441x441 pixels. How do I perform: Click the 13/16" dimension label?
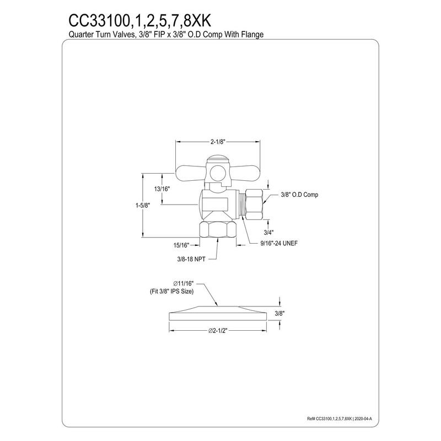[x=162, y=189]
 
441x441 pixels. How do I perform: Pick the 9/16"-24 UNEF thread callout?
[x=279, y=244]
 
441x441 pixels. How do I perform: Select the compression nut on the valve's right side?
[x=254, y=203]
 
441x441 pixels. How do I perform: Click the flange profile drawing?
[x=218, y=311]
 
